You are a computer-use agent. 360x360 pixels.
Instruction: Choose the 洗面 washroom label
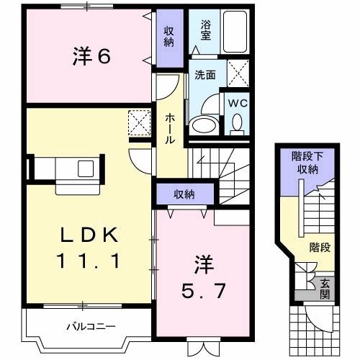tap(205, 74)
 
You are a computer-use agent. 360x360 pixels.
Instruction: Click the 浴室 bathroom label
tap(205, 28)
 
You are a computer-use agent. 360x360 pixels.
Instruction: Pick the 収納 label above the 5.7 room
tap(184, 194)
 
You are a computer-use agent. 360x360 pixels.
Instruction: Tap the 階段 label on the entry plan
tap(320, 248)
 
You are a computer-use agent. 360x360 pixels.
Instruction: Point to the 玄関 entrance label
tap(325, 288)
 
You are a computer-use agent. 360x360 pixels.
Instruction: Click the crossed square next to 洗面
tap(238, 73)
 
